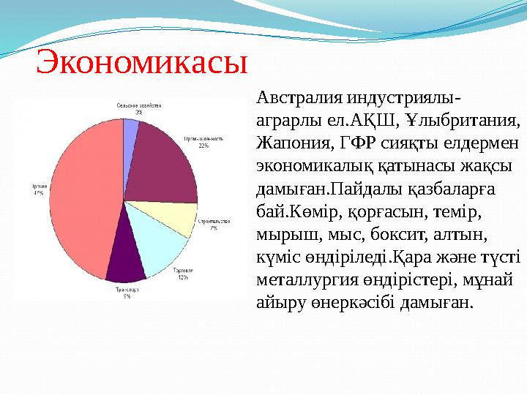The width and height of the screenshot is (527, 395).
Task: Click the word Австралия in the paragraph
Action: [x=289, y=99]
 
